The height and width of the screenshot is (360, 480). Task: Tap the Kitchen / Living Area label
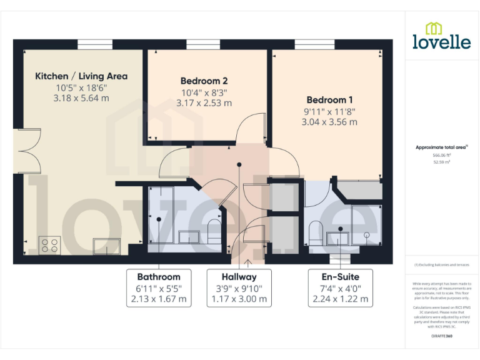tap(81, 76)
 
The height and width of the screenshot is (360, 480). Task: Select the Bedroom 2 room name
tap(204, 81)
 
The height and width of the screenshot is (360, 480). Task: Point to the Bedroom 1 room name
tap(329, 99)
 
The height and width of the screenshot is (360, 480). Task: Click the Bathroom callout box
tap(159, 288)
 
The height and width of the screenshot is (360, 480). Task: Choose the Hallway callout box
tap(239, 288)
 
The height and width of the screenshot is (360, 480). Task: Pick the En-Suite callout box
tap(341, 288)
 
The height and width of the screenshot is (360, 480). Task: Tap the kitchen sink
tap(106, 246)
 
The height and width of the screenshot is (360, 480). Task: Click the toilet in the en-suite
tap(316, 232)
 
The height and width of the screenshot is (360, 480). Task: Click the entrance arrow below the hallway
tap(248, 262)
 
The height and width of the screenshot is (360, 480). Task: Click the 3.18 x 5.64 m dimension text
tap(81, 98)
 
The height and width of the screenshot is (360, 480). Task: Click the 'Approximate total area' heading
tap(441, 147)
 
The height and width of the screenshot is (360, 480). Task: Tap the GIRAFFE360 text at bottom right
tap(442, 336)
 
